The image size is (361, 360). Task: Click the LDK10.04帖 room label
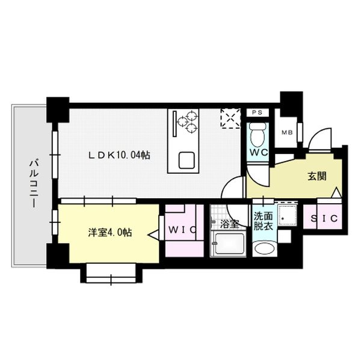(x=119, y=155)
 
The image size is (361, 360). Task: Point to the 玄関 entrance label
(x=317, y=176)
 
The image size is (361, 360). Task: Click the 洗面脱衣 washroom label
(x=263, y=221)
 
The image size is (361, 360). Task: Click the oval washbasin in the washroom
(x=264, y=248)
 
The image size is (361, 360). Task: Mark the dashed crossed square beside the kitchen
(x=230, y=118)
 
